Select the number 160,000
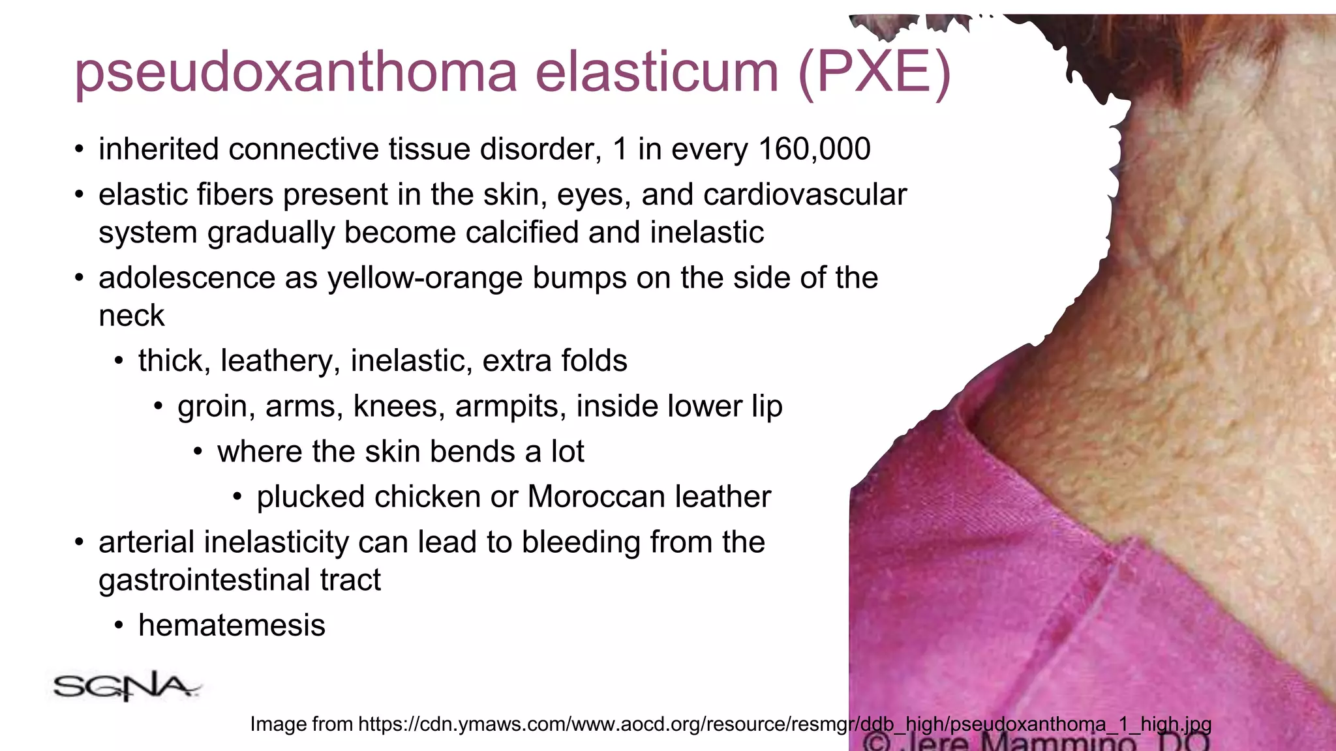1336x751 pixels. [x=815, y=149]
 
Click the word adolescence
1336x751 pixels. [x=186, y=278]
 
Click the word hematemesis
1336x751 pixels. [x=232, y=626]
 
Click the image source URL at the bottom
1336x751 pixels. [x=731, y=724]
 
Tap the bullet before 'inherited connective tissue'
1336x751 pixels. [x=79, y=150]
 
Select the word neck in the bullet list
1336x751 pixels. [x=131, y=316]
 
